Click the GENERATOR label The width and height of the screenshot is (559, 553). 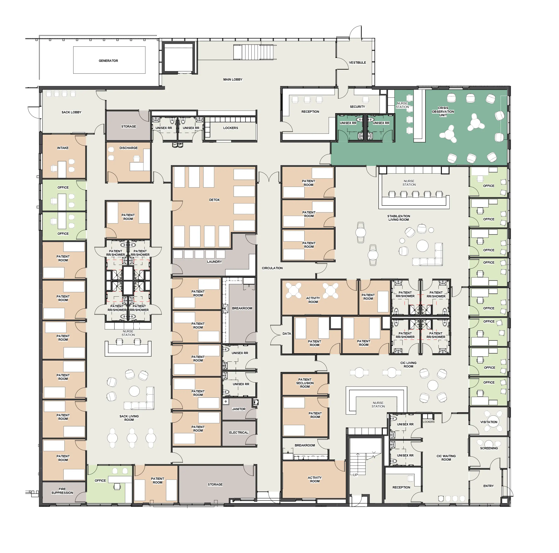[108, 61]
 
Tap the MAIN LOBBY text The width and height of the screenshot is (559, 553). [233, 80]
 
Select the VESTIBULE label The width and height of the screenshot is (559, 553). [357, 62]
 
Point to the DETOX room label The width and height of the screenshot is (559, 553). [214, 200]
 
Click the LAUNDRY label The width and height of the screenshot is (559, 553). [214, 262]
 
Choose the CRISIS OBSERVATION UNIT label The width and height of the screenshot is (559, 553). [443, 112]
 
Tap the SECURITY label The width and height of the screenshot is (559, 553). [357, 107]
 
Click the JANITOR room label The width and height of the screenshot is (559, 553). [239, 409]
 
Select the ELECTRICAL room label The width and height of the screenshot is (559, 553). [239, 433]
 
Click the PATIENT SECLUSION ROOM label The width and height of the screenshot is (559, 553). [305, 383]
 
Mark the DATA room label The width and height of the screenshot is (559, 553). [287, 334]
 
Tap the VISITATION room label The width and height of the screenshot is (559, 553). [489, 422]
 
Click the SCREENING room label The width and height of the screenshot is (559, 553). [489, 448]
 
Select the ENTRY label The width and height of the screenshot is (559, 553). [488, 486]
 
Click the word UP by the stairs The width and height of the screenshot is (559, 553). [355, 475]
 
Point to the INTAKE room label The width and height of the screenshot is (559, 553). [63, 148]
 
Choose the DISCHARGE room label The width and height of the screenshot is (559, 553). [128, 148]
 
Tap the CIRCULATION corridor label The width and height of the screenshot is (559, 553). [272, 268]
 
